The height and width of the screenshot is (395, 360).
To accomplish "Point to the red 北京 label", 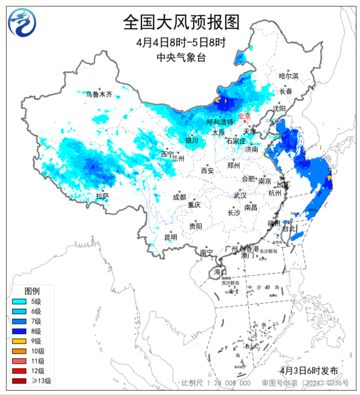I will (x=244, y=116).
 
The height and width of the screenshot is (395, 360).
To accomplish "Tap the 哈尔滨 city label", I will (x=289, y=76).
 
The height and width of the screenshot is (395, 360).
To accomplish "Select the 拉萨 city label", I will (x=102, y=196).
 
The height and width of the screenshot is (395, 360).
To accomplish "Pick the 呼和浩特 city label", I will (x=220, y=122).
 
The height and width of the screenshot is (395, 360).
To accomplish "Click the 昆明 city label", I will (x=171, y=237).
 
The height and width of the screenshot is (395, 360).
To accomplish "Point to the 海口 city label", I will (x=220, y=272).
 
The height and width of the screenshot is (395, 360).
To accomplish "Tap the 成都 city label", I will (x=179, y=197).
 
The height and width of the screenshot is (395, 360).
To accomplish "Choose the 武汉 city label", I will (x=240, y=196).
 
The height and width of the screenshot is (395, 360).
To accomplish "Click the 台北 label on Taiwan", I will (x=289, y=229).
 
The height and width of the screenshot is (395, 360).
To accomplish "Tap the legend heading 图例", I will (x=32, y=291).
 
